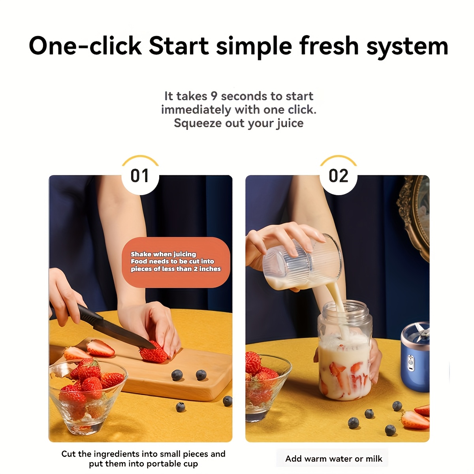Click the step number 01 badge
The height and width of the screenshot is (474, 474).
(140, 176)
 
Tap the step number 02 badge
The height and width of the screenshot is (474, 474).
(339, 176)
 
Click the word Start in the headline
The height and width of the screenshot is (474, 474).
(179, 46)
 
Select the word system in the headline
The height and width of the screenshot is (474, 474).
(407, 46)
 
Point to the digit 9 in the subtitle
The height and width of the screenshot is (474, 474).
(214, 96)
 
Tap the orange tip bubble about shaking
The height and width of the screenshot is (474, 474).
(176, 262)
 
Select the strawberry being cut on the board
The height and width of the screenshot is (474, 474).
(153, 352)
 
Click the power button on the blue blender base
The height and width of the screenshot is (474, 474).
(410, 360)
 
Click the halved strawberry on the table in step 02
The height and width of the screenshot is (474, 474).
(415, 419)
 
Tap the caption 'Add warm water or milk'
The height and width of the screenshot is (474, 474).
(333, 459)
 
